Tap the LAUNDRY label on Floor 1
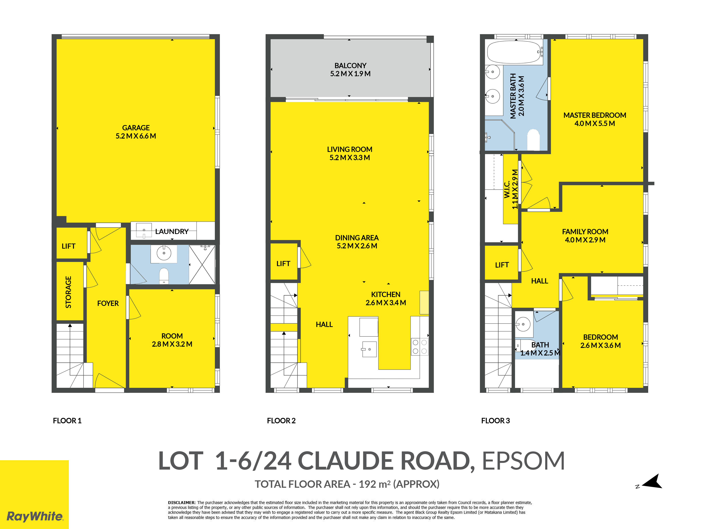pos(172,232)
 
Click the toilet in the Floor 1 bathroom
pos(164,276)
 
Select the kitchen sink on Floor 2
pos(369,349)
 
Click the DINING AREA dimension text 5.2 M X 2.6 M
pos(357,246)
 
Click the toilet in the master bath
pos(533,139)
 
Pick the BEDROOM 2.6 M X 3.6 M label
pos(600,341)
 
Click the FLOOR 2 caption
pos(281,421)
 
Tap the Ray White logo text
pos(35,516)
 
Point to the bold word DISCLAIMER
pos(181,503)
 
